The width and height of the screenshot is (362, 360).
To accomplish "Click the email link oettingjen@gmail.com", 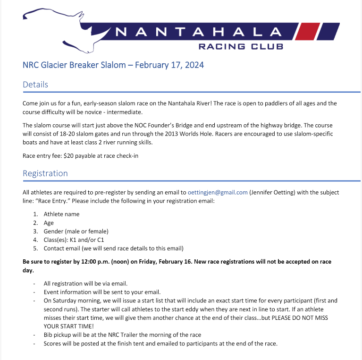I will click(x=218, y=192).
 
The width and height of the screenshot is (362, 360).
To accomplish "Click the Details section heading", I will click(x=35, y=85).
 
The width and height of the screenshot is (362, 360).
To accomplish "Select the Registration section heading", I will click(x=45, y=173).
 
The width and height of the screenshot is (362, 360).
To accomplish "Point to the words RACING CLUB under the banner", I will click(x=241, y=46).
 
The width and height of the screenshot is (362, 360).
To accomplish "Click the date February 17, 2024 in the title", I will click(x=169, y=65).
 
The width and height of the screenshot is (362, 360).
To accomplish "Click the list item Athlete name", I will click(x=61, y=214).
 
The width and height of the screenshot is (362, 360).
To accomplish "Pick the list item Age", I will click(x=49, y=223).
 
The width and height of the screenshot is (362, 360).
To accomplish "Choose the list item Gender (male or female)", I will click(x=76, y=231).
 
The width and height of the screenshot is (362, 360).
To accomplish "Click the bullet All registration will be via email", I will click(x=85, y=283).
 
